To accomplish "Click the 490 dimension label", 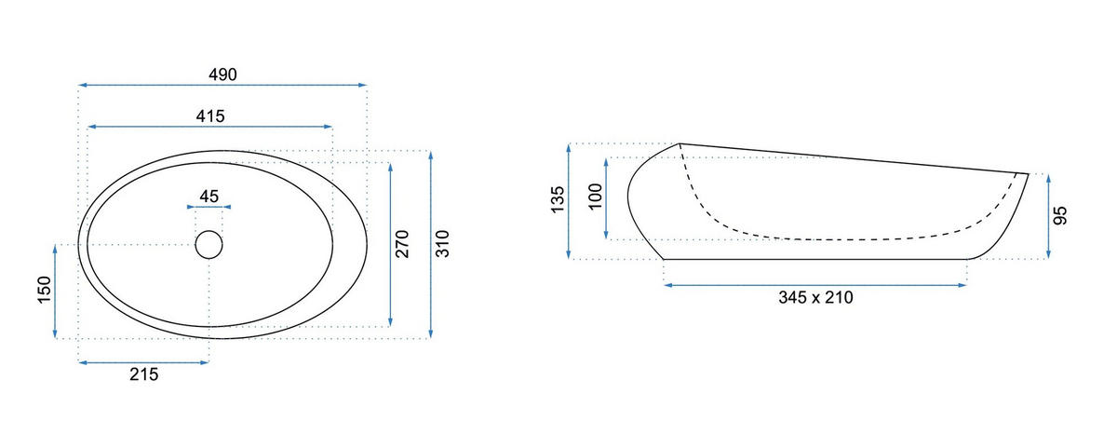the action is pos(222,75).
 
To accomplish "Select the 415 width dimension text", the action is pos(210,116).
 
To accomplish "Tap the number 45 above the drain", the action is pos(209,196).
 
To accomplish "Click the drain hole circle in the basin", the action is pos(209,244).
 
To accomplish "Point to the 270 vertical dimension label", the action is pos(402,244).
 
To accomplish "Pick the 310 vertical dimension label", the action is pos(442,244).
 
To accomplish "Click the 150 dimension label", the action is pos(45,290).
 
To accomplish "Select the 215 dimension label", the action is pos(143,374).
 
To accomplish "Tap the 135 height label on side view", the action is pos(558,199).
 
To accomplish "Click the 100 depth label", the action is pos(596,197).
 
